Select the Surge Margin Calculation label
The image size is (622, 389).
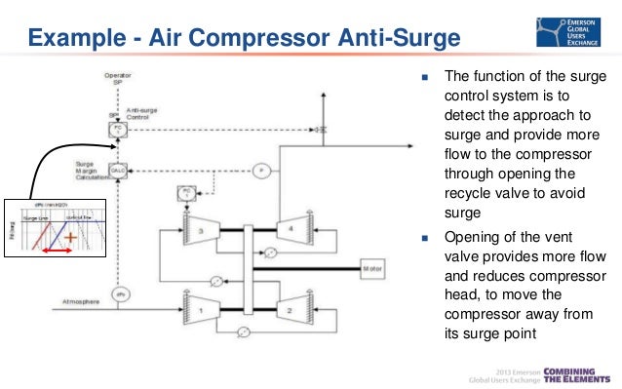click(x=91, y=170)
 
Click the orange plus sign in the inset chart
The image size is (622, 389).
click(x=70, y=236)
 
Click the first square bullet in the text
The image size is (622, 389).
click(x=426, y=78)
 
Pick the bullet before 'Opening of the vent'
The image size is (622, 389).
click(x=426, y=237)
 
